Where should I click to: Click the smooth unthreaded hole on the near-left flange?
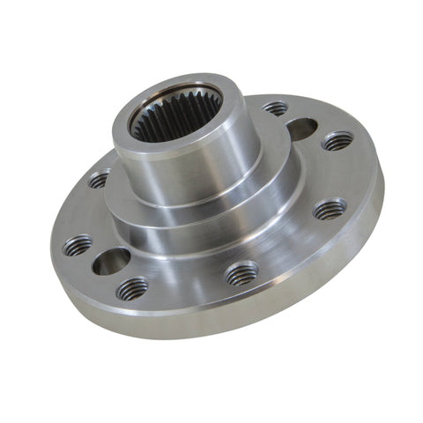pos(112,260)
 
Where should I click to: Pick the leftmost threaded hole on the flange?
pos(78,246)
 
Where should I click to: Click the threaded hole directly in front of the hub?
pos(241,275)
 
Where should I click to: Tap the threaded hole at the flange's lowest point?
pos(132,287)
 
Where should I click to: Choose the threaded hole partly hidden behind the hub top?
pos(275,108)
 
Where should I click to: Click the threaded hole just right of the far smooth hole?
pos(338,140)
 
